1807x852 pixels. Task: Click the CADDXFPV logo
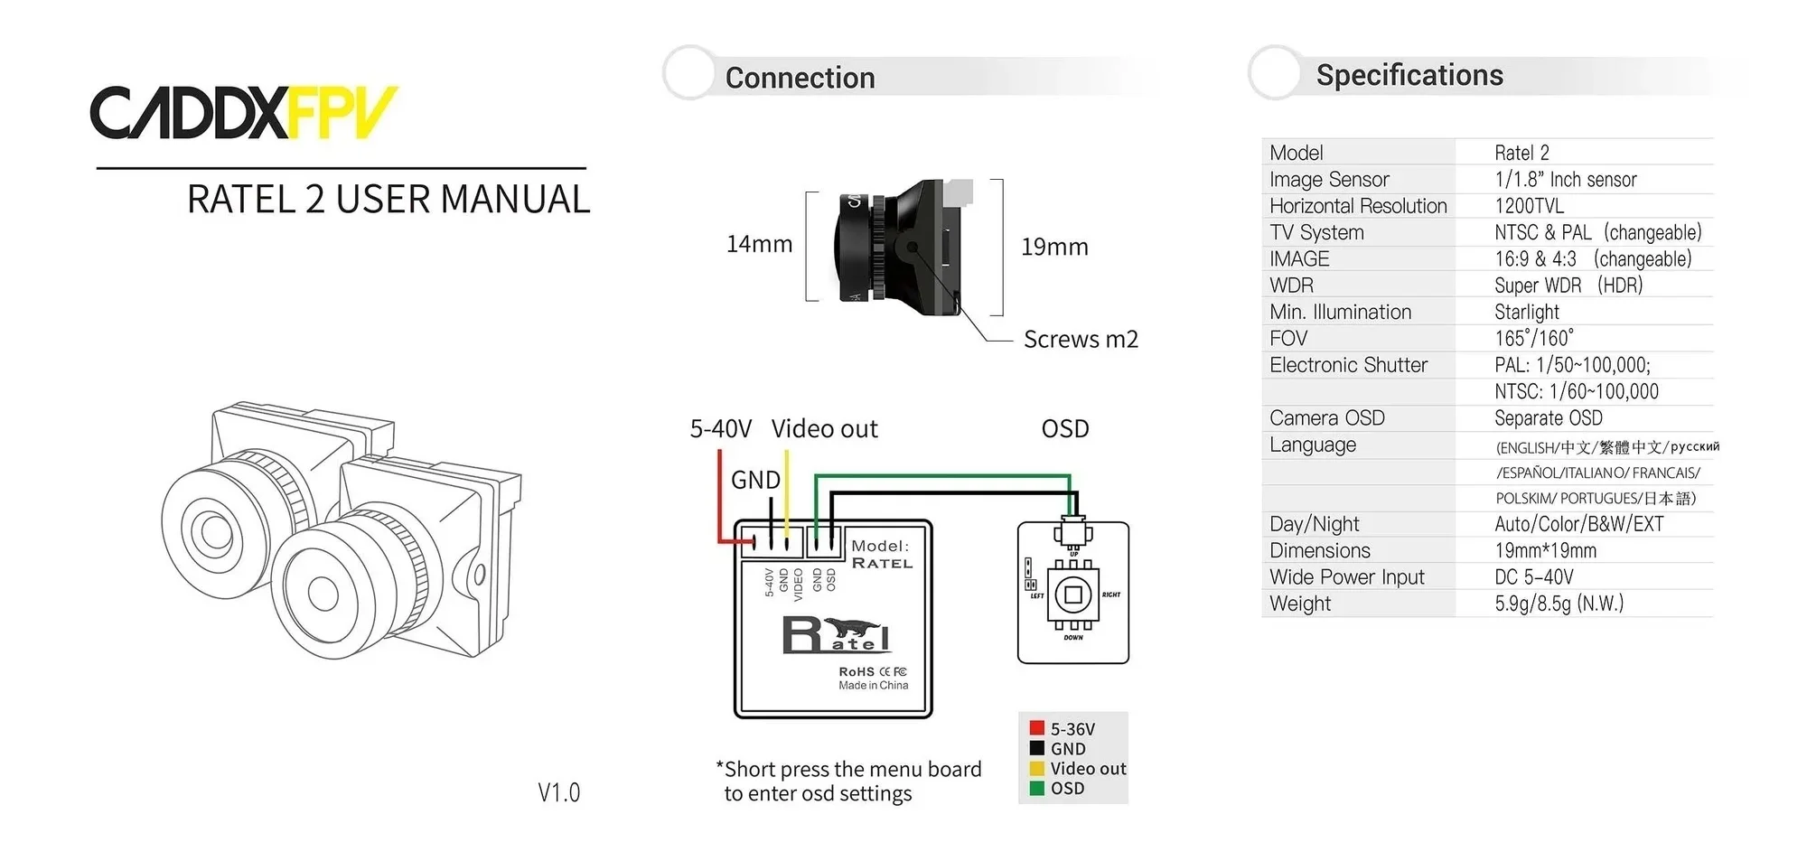coord(243,113)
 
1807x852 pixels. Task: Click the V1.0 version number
coord(558,792)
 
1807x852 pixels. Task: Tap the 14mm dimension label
coord(759,244)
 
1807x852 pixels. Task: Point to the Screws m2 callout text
coord(1081,339)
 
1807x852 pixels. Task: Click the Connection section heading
coord(800,78)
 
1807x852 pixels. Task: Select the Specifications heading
coord(1409,75)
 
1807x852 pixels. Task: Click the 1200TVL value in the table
coord(1529,206)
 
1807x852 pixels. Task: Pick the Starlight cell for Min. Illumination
coord(1527,312)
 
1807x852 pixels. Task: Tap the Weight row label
coord(1300,604)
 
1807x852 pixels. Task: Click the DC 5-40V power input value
coord(1534,576)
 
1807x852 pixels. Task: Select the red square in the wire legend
coord(1037,728)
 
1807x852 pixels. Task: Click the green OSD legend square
coord(1037,788)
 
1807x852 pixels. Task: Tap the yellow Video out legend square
coord(1037,768)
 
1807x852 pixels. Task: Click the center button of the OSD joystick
coord(1073,595)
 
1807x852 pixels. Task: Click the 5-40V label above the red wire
coord(720,428)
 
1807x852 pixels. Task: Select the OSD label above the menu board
coord(1065,428)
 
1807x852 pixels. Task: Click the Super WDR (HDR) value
coord(1568,286)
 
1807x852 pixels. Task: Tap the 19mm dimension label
coord(1054,247)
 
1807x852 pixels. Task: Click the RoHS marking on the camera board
coord(856,671)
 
